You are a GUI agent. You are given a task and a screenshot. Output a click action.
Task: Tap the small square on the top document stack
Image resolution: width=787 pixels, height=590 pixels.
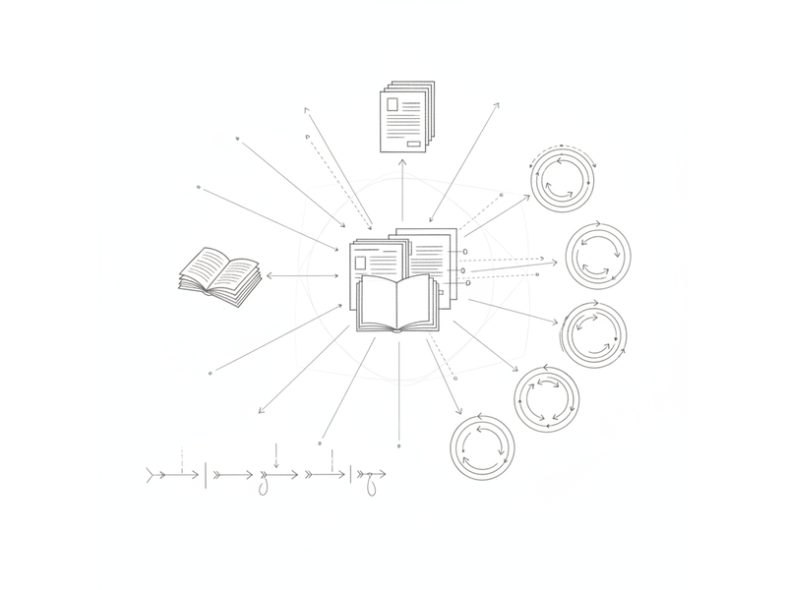[x=393, y=103]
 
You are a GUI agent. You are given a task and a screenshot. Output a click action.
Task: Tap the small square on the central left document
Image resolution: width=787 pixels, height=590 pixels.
[x=361, y=263]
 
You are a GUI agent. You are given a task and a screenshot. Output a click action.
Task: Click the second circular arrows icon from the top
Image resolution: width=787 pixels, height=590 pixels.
[x=599, y=255]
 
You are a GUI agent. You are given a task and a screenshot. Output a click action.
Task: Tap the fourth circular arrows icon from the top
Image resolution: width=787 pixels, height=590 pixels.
[x=546, y=398]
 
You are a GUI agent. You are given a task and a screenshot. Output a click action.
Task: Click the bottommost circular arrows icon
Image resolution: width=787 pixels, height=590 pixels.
[x=482, y=446]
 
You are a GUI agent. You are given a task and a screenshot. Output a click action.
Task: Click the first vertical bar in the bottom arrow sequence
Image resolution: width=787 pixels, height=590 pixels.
[x=205, y=475]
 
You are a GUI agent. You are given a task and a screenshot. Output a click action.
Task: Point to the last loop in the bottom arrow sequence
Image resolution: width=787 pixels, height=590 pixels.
[x=371, y=484]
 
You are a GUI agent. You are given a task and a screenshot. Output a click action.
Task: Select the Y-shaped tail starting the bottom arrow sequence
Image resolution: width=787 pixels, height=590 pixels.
[x=151, y=475]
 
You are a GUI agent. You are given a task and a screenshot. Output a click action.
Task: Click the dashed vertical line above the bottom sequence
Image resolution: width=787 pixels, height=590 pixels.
[x=184, y=458]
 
